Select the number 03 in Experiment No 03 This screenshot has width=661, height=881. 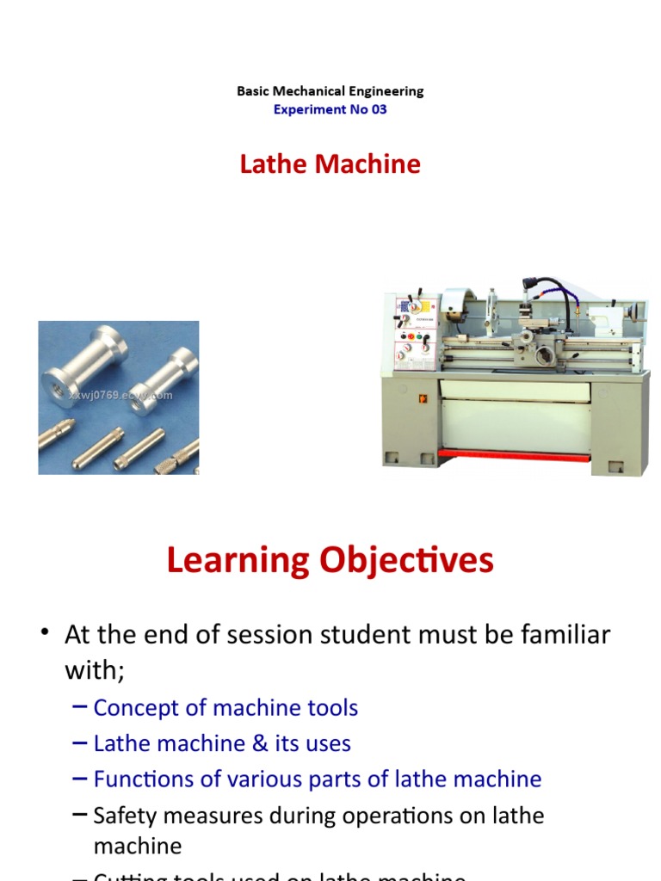[379, 109]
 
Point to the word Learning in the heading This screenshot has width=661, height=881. [238, 561]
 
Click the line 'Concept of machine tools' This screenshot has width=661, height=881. [225, 708]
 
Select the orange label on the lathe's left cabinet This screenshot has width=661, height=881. [423, 399]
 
